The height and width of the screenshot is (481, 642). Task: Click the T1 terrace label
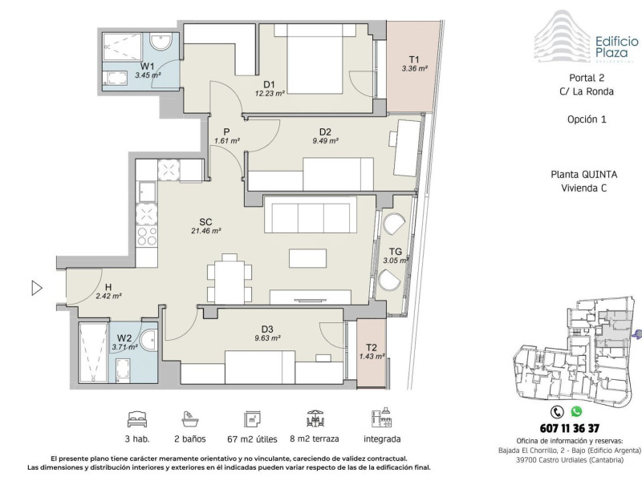[x=414, y=59]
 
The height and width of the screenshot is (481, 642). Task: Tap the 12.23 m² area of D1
[x=270, y=93]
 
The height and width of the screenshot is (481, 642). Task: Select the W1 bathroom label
[x=148, y=67]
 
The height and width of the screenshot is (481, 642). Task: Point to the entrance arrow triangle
[x=37, y=288]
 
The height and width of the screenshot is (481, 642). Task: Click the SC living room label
[x=205, y=222]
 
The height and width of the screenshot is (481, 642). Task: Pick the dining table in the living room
[x=230, y=278]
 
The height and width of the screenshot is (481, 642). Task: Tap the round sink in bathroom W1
[x=160, y=42]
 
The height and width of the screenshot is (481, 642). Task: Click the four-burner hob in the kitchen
[x=147, y=236]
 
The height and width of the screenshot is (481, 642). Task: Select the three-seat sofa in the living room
[x=311, y=214]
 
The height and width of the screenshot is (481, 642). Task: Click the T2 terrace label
[x=371, y=348]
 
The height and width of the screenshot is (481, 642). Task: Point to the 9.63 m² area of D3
[x=267, y=338]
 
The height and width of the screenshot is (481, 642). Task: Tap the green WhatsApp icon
[x=576, y=411]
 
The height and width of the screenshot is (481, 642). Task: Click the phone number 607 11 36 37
[x=570, y=428]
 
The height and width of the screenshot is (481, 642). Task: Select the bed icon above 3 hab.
[x=137, y=419]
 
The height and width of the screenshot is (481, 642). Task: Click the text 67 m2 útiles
[x=252, y=439]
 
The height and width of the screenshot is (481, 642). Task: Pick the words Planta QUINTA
[x=584, y=174]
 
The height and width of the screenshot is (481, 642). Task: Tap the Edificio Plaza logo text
[x=612, y=47]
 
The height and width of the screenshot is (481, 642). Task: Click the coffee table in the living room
[x=308, y=258]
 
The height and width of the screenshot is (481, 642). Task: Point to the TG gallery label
[x=395, y=252]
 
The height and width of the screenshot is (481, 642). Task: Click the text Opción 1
[x=587, y=119]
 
